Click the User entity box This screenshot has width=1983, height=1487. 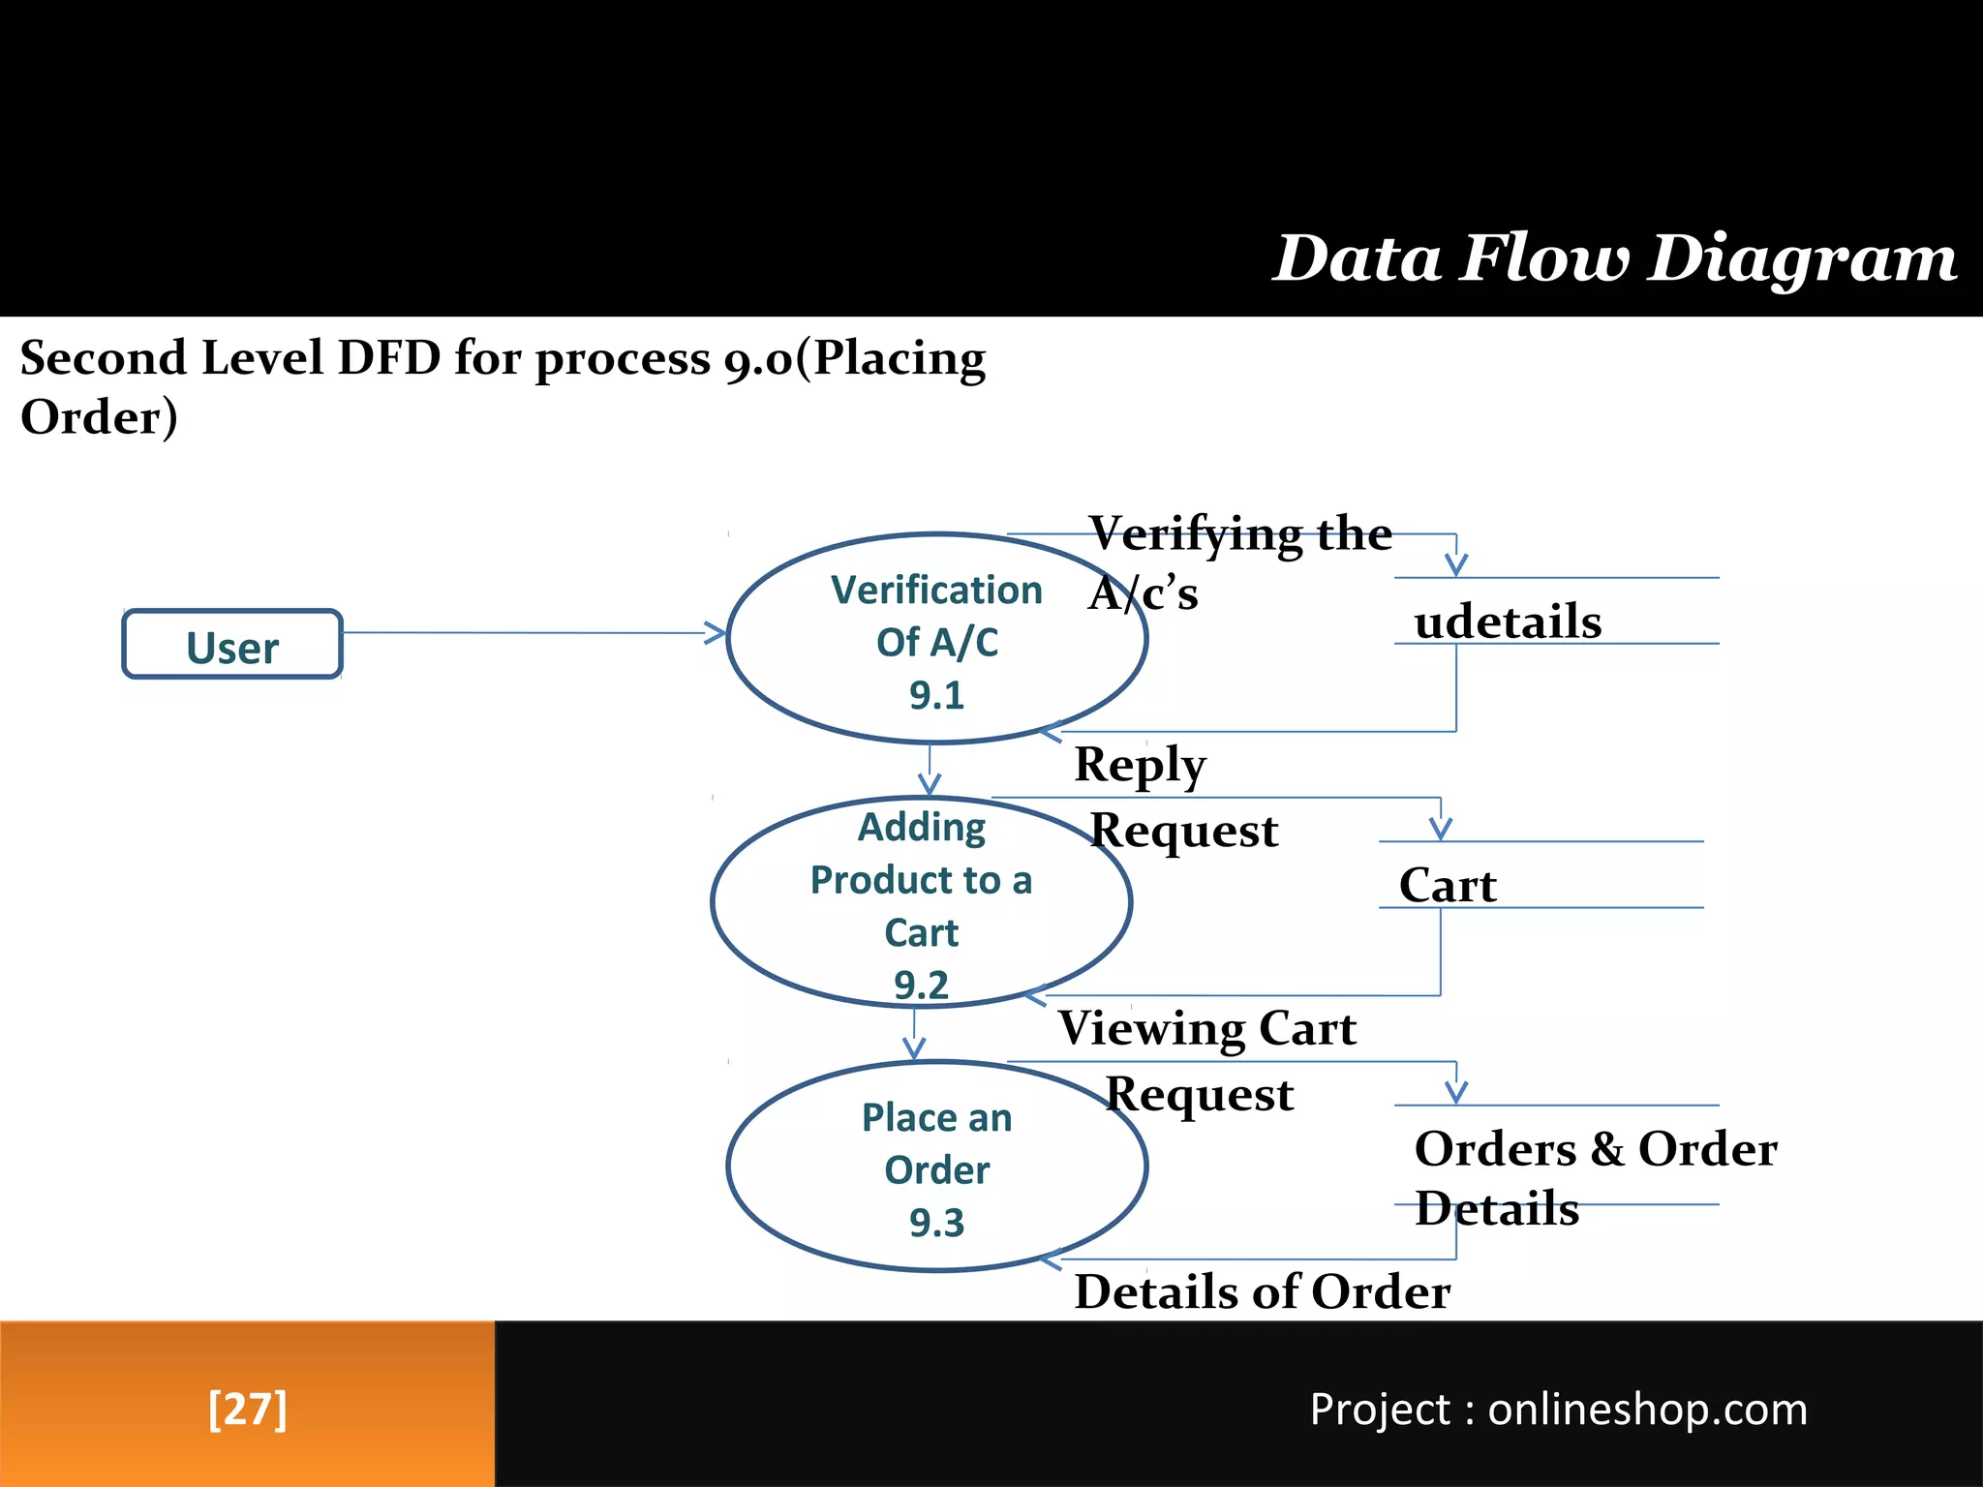(232, 645)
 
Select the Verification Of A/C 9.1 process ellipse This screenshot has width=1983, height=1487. (936, 639)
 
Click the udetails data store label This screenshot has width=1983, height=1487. (1508, 622)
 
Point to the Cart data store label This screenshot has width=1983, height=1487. (1448, 885)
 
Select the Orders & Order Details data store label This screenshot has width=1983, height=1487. (1594, 1177)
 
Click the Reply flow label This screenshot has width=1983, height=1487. (1140, 765)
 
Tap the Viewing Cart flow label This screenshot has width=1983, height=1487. (1206, 1028)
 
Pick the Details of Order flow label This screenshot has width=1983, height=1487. (1262, 1291)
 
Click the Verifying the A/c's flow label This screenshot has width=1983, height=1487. (1239, 561)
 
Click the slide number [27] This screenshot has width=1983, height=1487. (247, 1409)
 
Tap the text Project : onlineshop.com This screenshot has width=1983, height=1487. (1558, 1409)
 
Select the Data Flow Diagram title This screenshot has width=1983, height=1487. (1614, 258)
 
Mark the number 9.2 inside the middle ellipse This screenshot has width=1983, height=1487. (921, 985)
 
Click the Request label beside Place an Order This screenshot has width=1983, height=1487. (1199, 1095)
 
